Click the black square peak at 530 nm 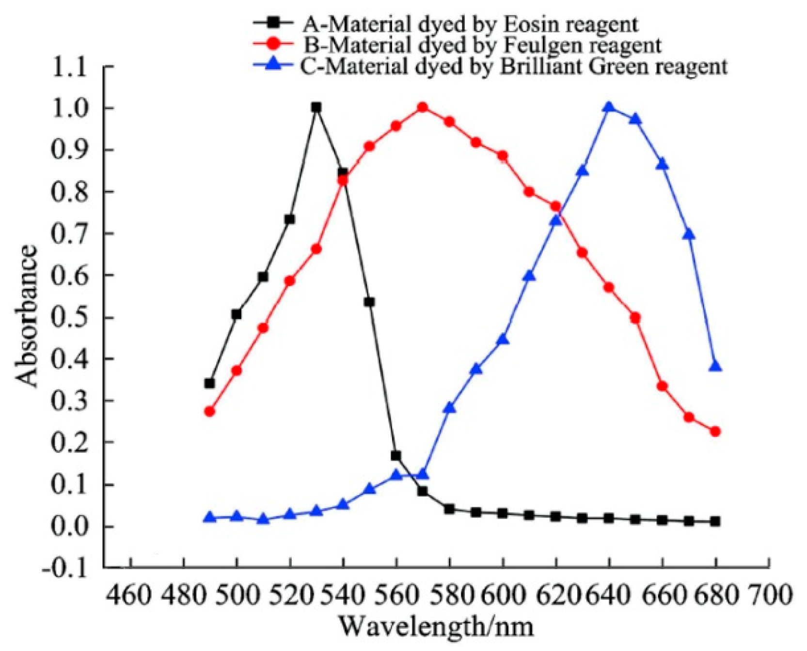click(316, 107)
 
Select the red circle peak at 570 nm click(423, 107)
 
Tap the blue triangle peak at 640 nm click(609, 107)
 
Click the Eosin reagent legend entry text click(470, 24)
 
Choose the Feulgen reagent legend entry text click(482, 45)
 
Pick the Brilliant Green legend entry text click(514, 66)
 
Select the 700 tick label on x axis click(770, 594)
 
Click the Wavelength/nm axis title click(435, 626)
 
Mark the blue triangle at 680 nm click(715, 367)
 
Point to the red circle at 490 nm click(210, 412)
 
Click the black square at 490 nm click(210, 384)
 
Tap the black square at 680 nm click(715, 522)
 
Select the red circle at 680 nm click(715, 432)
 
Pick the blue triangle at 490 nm click(210, 518)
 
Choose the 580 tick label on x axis click(450, 594)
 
